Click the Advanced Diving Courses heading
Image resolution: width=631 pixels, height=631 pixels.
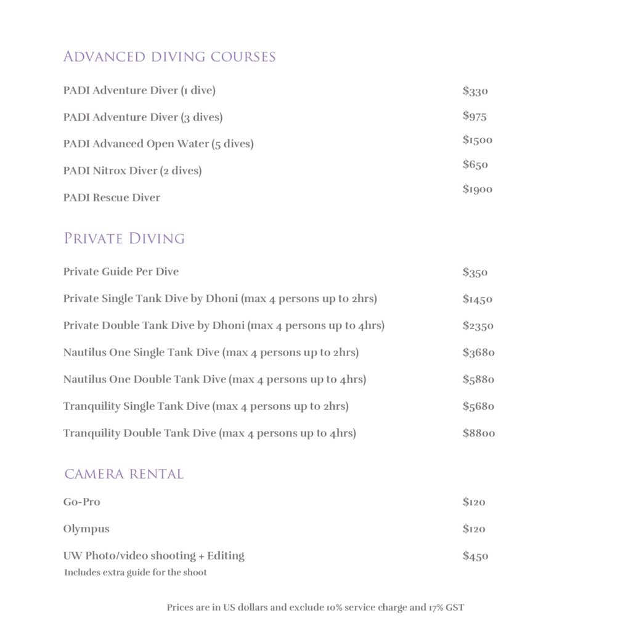pyautogui.click(x=169, y=57)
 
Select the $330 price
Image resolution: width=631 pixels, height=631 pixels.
pyautogui.click(x=475, y=91)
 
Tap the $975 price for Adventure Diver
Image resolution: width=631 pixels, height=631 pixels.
pyautogui.click(x=474, y=116)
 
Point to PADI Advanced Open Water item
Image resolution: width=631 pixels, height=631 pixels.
pyautogui.click(x=158, y=144)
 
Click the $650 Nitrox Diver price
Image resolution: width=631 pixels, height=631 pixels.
pyautogui.click(x=475, y=165)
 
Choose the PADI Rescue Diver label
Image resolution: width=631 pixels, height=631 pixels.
pyautogui.click(x=112, y=198)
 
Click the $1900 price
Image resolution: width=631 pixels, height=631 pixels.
pyautogui.click(x=478, y=189)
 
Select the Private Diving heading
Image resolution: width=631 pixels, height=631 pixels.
pyautogui.click(x=124, y=238)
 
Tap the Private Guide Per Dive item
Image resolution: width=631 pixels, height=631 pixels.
pyautogui.click(x=121, y=272)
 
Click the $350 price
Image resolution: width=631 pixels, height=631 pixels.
pyautogui.click(x=475, y=272)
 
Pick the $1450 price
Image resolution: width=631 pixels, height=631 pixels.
pyautogui.click(x=478, y=299)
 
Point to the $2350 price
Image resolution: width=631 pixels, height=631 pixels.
pyautogui.click(x=478, y=326)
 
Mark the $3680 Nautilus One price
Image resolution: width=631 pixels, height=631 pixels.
pyautogui.click(x=479, y=352)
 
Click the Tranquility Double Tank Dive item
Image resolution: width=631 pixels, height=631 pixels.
pyautogui.click(x=210, y=433)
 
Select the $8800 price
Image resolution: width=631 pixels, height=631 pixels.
pyautogui.click(x=479, y=433)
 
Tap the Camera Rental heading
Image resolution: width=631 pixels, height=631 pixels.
pyautogui.click(x=124, y=474)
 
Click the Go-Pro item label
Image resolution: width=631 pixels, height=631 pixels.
pyautogui.click(x=81, y=502)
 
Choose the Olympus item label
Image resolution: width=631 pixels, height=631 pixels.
pyautogui.click(x=86, y=529)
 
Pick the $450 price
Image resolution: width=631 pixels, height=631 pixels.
pyautogui.click(x=475, y=556)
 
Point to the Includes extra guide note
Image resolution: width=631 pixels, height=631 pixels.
pyautogui.click(x=136, y=572)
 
